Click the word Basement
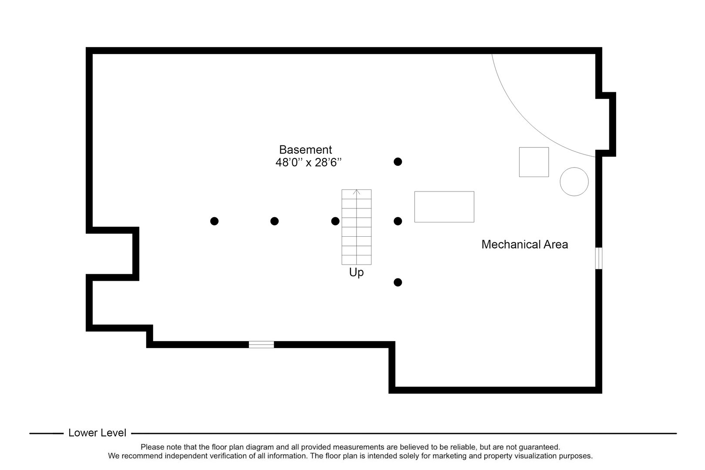tap(305, 150)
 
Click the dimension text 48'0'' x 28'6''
tap(308, 163)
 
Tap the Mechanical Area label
tap(524, 245)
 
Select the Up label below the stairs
tap(356, 273)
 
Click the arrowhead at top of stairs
tap(356, 191)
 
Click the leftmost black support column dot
tap(214, 221)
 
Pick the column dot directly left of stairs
tap(335, 221)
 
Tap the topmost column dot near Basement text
tap(398, 161)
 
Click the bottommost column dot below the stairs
tap(398, 282)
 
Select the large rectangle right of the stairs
tap(444, 207)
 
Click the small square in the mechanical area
tap(534, 162)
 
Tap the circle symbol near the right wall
tap(574, 181)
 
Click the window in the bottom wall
tap(261, 345)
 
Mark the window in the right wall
tap(599, 258)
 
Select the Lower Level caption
tap(97, 433)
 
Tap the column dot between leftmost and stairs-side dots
tap(274, 221)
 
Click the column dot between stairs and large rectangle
tap(398, 221)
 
